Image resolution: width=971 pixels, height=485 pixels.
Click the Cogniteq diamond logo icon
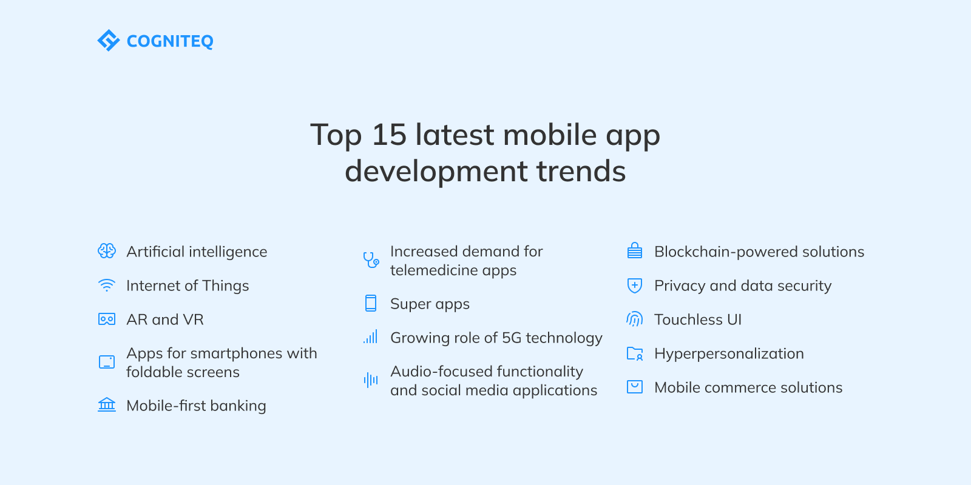click(x=108, y=41)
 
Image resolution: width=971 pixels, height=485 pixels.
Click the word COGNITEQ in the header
click(x=170, y=41)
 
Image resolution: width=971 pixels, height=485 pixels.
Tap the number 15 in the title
click(x=389, y=135)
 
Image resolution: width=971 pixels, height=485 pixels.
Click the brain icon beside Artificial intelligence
click(x=107, y=251)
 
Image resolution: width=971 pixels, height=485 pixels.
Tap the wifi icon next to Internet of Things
click(x=107, y=286)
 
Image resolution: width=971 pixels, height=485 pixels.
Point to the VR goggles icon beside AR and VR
click(x=107, y=319)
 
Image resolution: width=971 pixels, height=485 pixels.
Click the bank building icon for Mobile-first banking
click(x=107, y=404)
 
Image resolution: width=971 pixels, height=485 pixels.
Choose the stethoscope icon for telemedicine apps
click(x=371, y=260)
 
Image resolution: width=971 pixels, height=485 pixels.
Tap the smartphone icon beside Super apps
click(x=371, y=303)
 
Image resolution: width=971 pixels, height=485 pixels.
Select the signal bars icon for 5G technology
click(x=371, y=337)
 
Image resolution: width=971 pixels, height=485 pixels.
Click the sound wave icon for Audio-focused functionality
click(x=371, y=380)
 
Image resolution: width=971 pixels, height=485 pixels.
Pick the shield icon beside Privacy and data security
click(x=635, y=286)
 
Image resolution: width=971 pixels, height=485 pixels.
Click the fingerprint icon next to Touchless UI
click(x=635, y=319)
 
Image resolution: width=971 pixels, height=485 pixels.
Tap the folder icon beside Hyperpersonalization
click(x=635, y=353)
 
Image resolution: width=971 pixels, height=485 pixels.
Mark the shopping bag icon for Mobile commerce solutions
click(x=635, y=387)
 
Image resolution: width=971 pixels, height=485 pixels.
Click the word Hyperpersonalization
click(x=729, y=354)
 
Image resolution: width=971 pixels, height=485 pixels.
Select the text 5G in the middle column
click(x=512, y=338)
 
